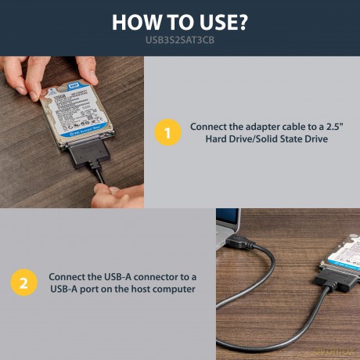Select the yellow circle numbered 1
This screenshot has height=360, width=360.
coord(167,132)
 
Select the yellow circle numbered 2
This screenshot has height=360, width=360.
coord(23,283)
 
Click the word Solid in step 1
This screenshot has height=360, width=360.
coord(268,139)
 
